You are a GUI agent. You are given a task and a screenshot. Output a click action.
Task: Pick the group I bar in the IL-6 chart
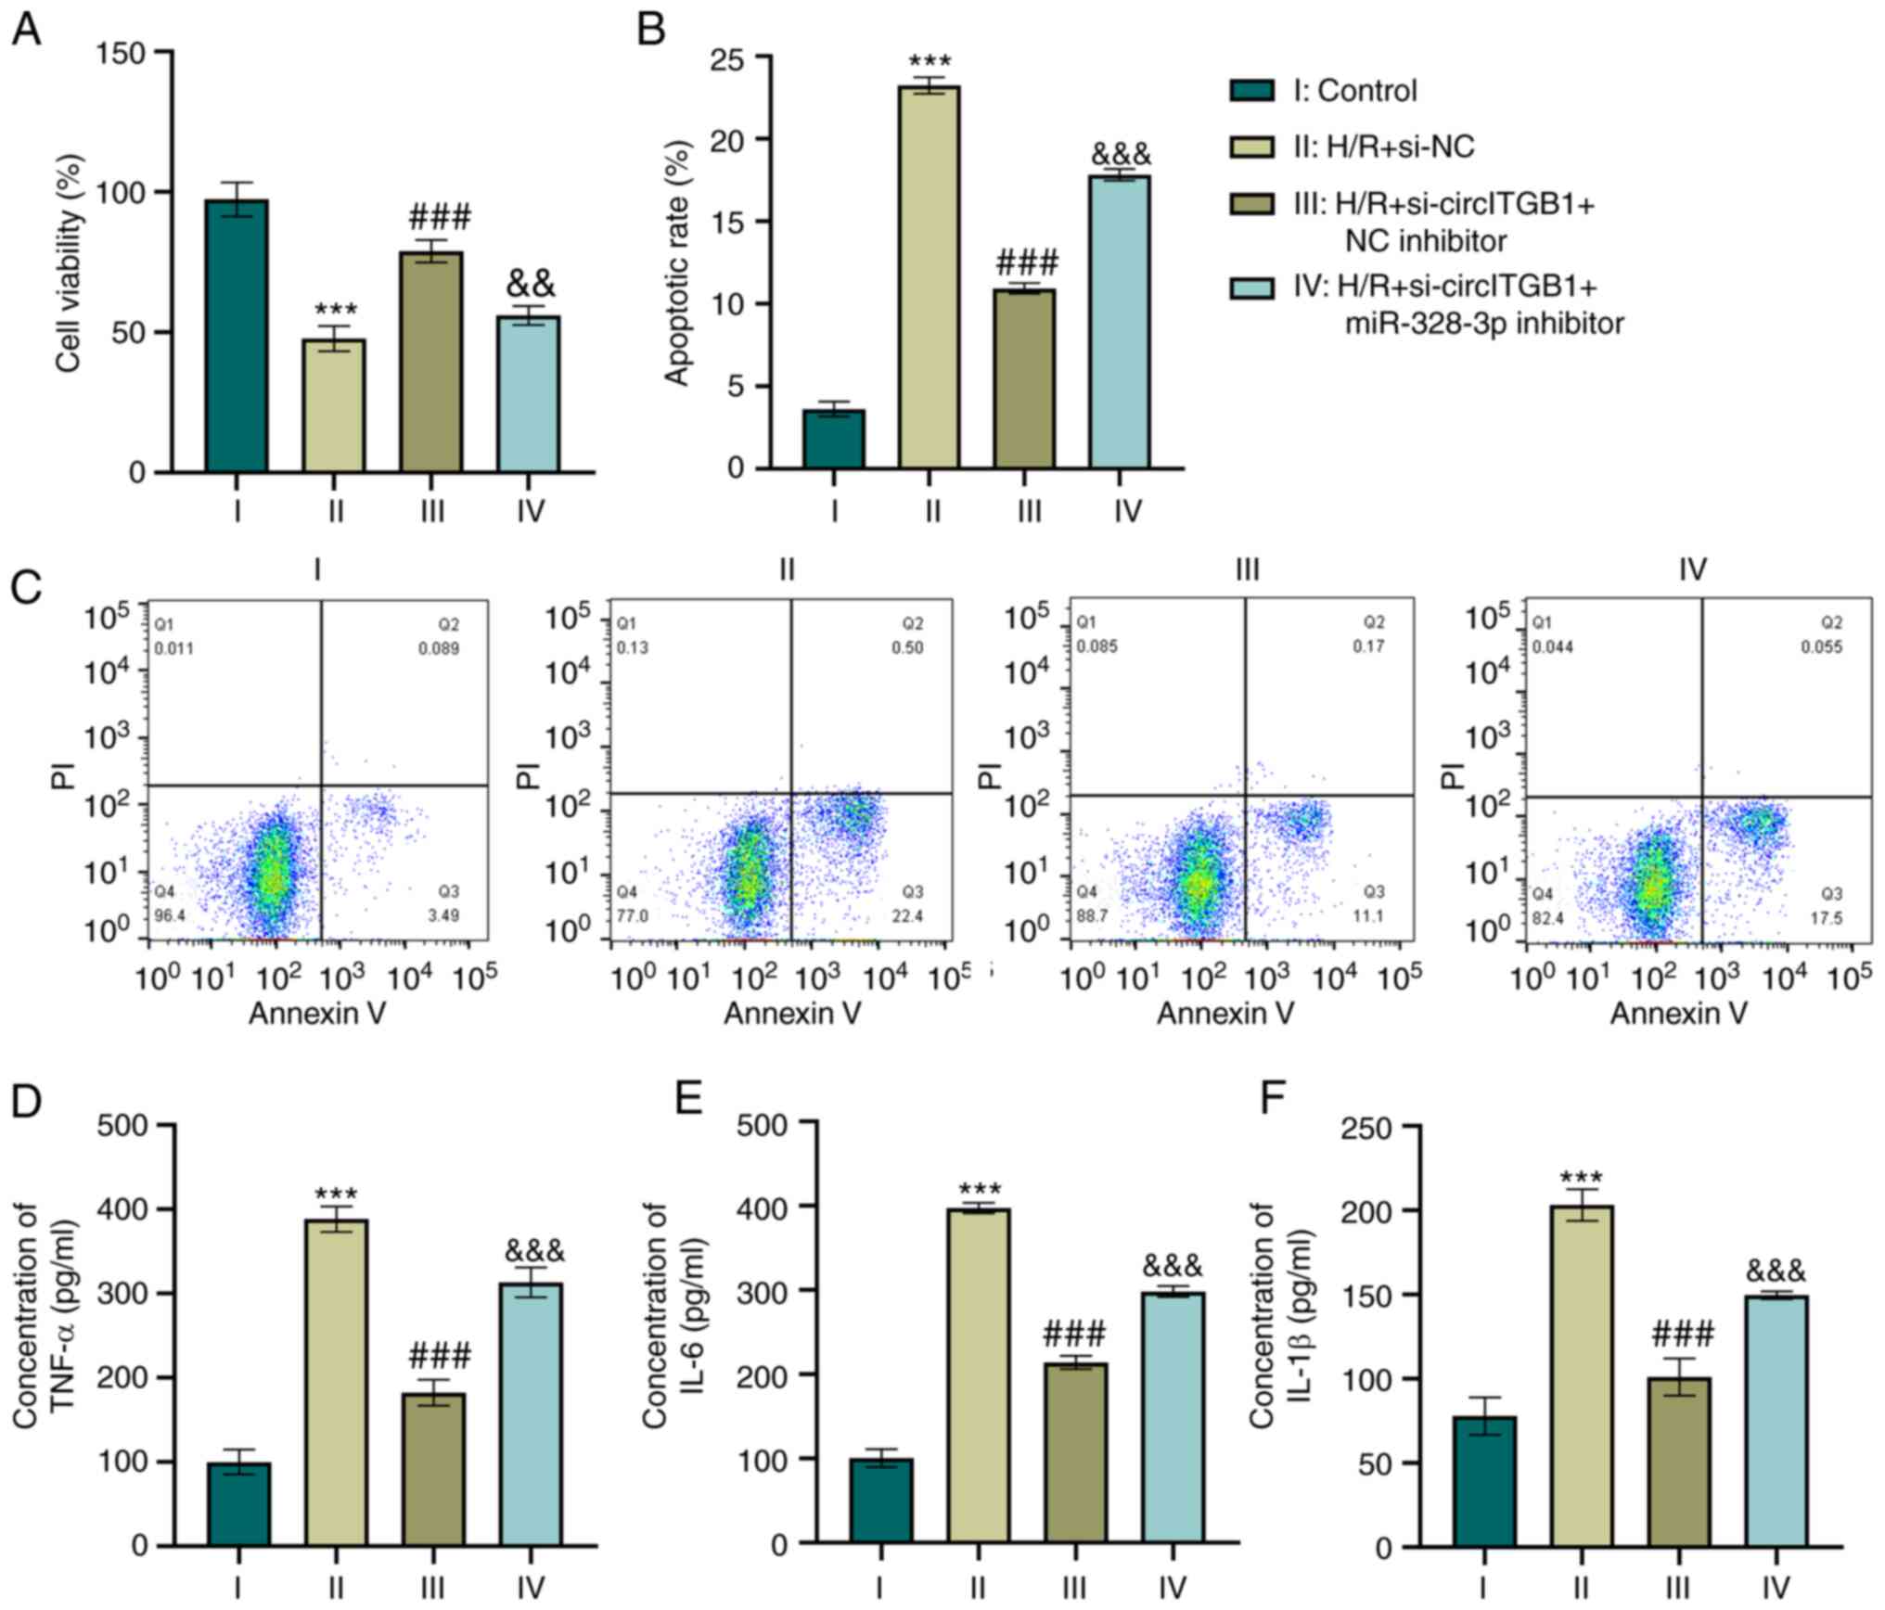(x=880, y=1501)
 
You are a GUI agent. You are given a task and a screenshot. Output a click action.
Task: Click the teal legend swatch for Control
(x=1250, y=91)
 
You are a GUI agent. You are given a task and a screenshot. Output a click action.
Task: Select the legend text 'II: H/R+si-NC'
(x=1383, y=147)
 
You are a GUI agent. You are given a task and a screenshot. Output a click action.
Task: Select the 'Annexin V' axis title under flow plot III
(x=1225, y=1014)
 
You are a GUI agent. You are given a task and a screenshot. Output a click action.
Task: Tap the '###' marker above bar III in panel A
(x=439, y=218)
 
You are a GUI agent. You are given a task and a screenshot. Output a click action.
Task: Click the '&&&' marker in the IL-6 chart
(x=1172, y=1265)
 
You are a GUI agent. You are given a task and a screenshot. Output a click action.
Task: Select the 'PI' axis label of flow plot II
(x=528, y=773)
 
